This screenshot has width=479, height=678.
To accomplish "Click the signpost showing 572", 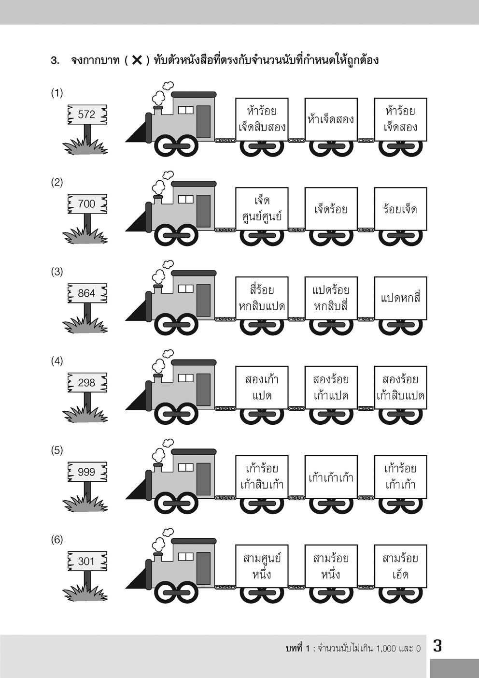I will click(x=86, y=115).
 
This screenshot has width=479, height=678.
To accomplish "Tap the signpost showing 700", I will click(x=86, y=204).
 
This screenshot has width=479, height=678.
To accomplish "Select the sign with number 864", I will click(x=86, y=293).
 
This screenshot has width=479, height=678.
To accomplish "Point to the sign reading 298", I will click(x=86, y=383).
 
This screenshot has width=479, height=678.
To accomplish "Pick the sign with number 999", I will click(x=86, y=472).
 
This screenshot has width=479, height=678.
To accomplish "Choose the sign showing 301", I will click(x=86, y=562).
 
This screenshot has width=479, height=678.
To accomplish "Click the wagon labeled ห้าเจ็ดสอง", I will click(x=331, y=119).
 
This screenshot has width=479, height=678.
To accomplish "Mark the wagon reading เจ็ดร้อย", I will click(x=331, y=209).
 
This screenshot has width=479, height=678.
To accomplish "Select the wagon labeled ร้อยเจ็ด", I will click(x=400, y=209).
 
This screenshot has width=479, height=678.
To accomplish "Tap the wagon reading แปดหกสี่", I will click(x=400, y=298).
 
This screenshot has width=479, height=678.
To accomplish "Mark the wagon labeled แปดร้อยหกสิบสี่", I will click(x=331, y=298).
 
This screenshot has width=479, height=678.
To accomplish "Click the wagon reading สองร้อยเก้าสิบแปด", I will click(x=400, y=388).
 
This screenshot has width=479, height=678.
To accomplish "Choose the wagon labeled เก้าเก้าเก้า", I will click(x=331, y=477).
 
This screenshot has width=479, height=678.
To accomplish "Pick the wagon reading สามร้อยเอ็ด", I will click(x=400, y=566).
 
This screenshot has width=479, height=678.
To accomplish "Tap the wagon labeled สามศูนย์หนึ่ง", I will click(x=262, y=566).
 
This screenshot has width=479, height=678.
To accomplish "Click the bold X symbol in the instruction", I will click(x=137, y=60).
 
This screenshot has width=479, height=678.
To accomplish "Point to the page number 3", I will click(x=437, y=646).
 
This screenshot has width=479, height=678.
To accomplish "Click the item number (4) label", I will click(x=57, y=361).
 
